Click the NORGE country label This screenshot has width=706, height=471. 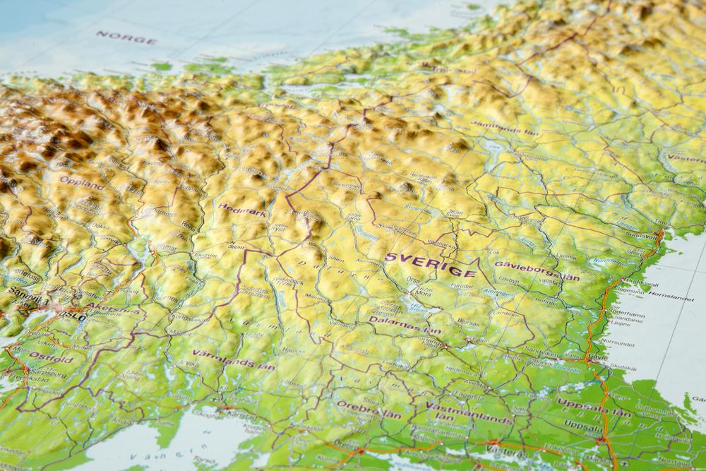coord(126,37)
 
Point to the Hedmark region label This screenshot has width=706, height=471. coord(242,210)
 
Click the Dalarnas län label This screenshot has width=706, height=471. coord(405,324)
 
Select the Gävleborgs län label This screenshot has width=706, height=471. coord(537,270)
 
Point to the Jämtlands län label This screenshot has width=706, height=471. coord(505,129)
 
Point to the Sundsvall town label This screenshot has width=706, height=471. coord(638,234)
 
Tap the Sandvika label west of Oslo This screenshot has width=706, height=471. coord(27,300)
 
